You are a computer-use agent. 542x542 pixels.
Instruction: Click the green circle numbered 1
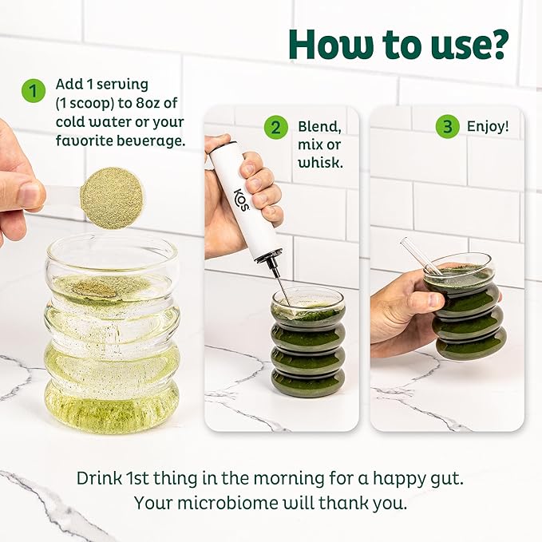34,91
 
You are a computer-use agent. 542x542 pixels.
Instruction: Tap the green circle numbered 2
276,127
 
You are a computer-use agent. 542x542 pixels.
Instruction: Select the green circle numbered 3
447,126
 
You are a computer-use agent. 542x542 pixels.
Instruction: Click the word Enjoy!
488,126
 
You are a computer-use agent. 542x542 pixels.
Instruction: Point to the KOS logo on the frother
242,200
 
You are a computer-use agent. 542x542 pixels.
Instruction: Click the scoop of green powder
111,199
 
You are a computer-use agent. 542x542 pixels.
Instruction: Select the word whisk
320,163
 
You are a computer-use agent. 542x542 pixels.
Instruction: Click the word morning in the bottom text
289,478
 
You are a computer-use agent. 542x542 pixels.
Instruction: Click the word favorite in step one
84,140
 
